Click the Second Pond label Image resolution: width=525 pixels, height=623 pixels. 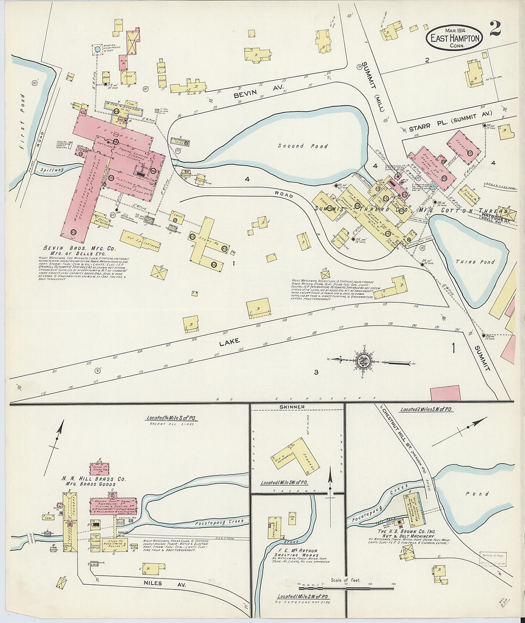(x=303, y=146)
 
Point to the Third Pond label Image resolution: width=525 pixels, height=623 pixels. (x=474, y=262)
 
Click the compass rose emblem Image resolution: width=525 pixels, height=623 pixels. (x=362, y=360)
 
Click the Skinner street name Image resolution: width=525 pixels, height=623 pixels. (x=296, y=407)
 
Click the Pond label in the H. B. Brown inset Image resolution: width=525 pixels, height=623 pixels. (x=477, y=494)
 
